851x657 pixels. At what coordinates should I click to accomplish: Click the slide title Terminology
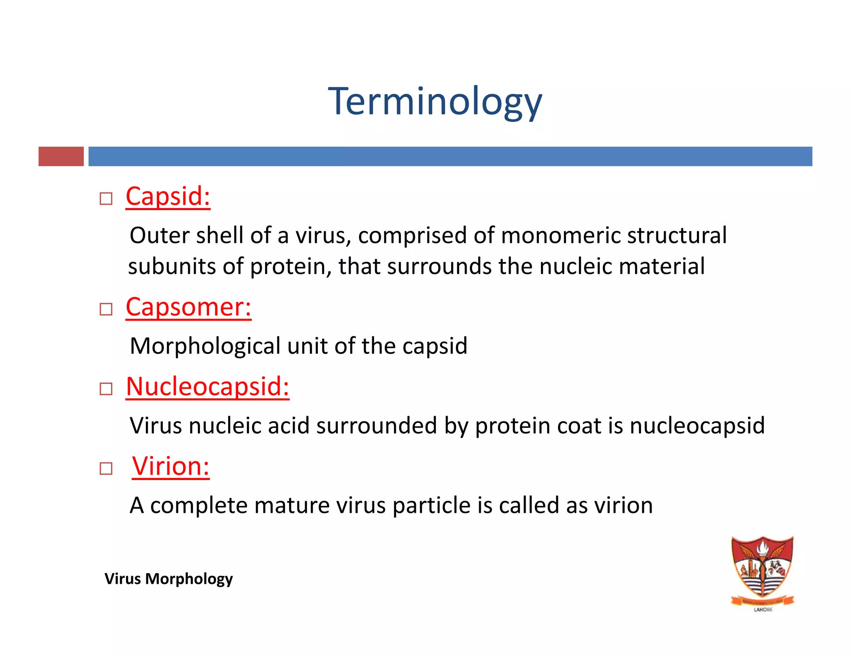(435, 102)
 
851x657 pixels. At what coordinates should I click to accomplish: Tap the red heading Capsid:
(168, 196)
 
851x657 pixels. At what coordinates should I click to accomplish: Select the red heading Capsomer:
(188, 307)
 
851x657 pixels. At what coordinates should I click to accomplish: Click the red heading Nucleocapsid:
(207, 387)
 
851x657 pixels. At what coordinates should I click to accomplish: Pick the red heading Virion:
(170, 466)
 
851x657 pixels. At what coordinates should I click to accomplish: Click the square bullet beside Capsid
(106, 199)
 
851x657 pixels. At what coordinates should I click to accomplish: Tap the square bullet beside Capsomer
(106, 309)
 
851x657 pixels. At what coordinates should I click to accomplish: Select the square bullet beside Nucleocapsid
(106, 389)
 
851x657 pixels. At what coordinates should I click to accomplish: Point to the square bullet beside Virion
(106, 469)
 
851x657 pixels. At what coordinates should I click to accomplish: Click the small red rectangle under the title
(61, 157)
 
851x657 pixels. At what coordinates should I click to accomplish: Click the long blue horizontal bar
(450, 157)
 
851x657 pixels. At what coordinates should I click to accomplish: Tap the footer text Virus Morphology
(168, 579)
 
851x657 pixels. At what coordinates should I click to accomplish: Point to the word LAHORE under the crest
(763, 610)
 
